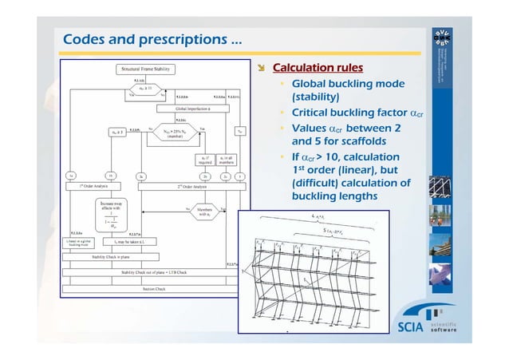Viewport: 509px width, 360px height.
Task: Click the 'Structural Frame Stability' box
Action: pyautogui.click(x=142, y=70)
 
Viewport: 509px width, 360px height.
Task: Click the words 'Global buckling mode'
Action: pyautogui.click(x=347, y=84)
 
